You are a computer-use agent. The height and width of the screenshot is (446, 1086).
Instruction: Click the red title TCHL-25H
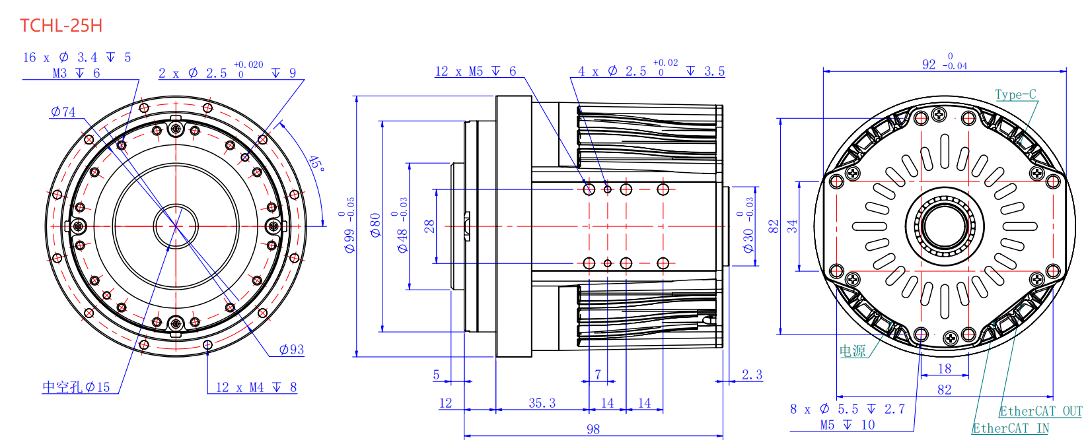coord(61,25)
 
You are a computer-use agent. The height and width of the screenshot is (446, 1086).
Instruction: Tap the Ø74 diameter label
coord(63,112)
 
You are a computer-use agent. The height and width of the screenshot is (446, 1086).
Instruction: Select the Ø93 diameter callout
coord(291,350)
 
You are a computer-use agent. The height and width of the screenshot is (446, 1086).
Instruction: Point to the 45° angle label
coord(316,163)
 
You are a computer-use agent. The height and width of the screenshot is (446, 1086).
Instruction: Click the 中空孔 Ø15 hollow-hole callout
coord(76,387)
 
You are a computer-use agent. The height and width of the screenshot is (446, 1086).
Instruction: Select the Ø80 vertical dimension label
coord(376,225)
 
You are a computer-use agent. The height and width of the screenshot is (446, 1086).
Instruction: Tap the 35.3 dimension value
coord(542,403)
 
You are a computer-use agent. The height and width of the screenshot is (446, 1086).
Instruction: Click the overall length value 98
coord(593,429)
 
